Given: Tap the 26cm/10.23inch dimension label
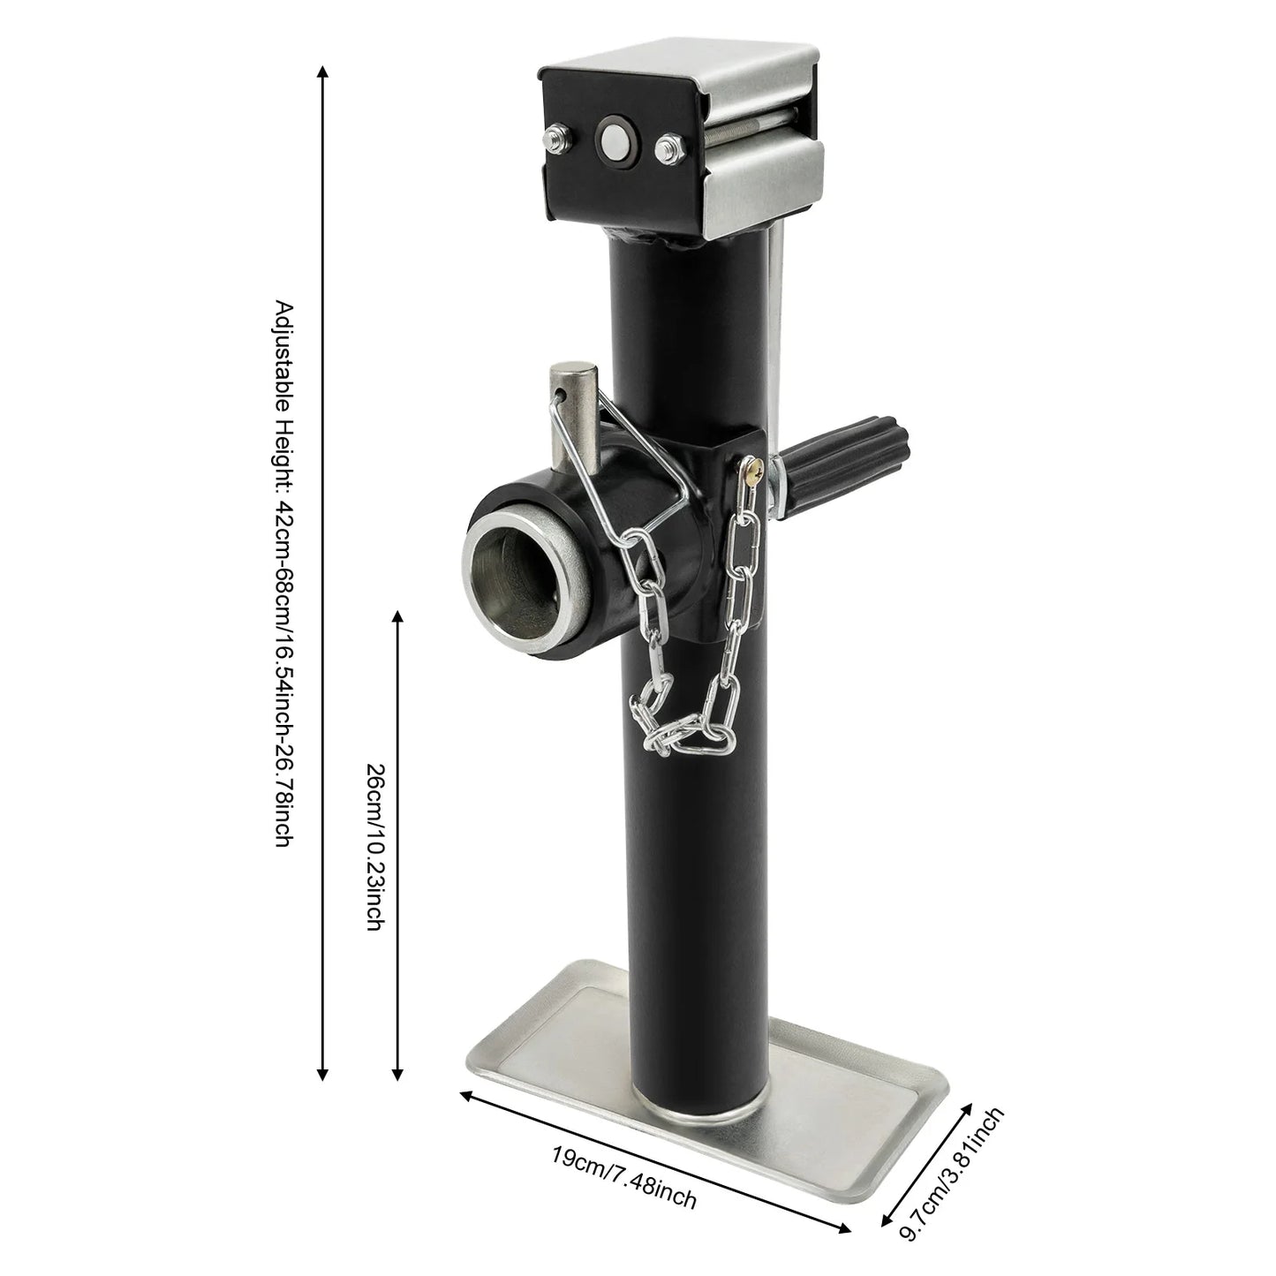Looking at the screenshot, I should [374, 847].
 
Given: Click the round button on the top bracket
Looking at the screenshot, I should [610, 137].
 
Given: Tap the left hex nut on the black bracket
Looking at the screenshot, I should [557, 137].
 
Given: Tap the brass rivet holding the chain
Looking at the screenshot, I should [751, 473].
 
